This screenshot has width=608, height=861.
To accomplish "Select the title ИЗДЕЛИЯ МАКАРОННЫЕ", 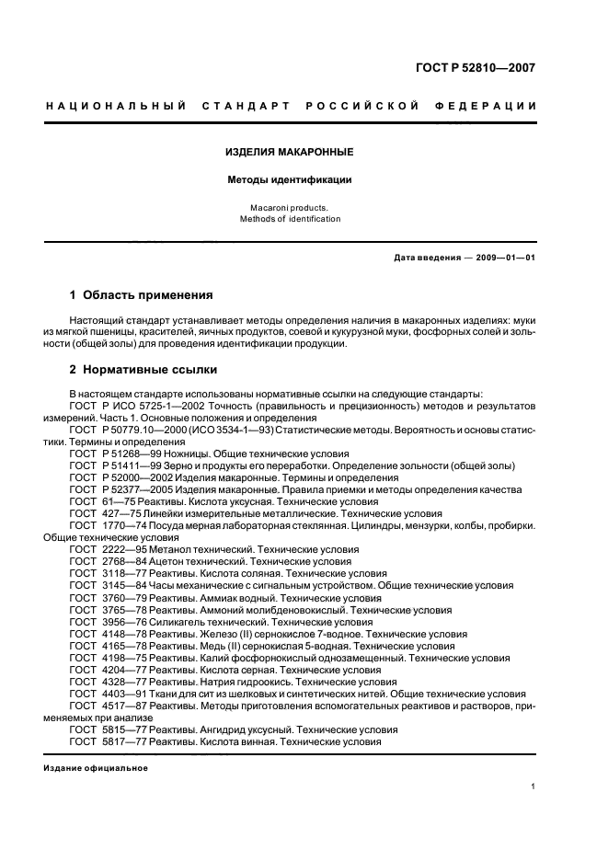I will (290, 151).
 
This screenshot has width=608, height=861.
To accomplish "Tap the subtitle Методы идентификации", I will (290, 180).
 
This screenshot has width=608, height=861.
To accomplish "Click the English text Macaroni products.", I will (290, 208).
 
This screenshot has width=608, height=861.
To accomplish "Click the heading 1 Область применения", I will (142, 295).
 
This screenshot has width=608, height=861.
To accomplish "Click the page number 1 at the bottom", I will (533, 786).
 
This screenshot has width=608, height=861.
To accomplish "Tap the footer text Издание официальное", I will (96, 767).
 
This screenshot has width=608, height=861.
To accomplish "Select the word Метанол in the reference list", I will (175, 549).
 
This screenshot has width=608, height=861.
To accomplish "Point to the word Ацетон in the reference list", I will (171, 561).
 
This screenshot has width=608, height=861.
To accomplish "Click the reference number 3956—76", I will (124, 621).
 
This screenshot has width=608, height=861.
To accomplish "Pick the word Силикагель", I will (180, 621).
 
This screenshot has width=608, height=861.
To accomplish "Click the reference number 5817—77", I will (124, 740).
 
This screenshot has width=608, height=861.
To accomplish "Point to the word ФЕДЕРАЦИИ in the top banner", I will (495, 107).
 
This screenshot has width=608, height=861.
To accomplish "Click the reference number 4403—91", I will (124, 693).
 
